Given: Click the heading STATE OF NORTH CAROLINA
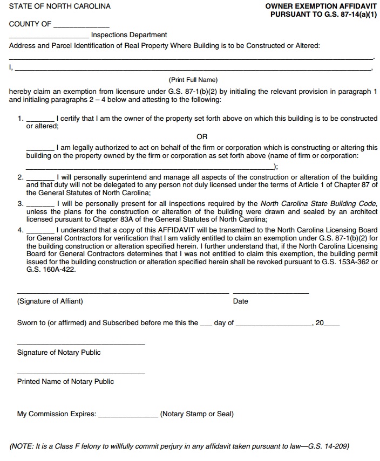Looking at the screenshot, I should pyautogui.click(x=59, y=6).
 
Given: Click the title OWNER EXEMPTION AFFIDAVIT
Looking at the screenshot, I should pyautogui.click(x=321, y=6).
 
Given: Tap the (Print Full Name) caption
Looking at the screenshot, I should pyautogui.click(x=193, y=80).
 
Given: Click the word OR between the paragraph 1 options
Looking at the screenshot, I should pyautogui.click(x=202, y=137).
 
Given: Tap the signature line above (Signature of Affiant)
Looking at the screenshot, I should pyautogui.click(x=123, y=292).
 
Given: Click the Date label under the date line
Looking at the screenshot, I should pyautogui.click(x=241, y=301).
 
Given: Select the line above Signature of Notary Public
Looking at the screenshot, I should pyautogui.click(x=81, y=343).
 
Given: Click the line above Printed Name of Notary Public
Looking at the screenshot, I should pyautogui.click(x=81, y=373).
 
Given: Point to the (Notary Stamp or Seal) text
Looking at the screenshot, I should pyautogui.click(x=197, y=414).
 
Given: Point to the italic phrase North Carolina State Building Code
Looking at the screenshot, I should pyautogui.click(x=318, y=204).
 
